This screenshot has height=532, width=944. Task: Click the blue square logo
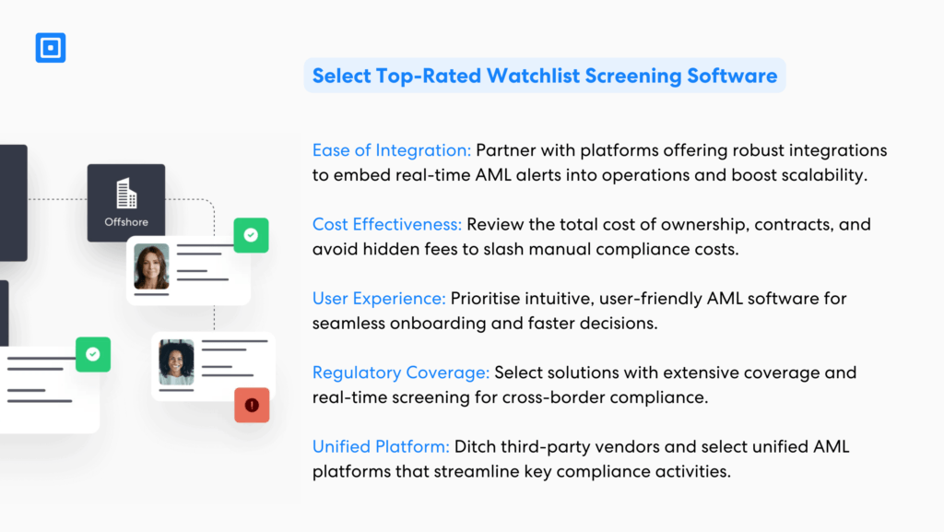click(x=51, y=48)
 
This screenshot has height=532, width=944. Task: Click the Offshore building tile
click(x=126, y=203)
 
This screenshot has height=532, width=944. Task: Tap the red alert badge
click(x=252, y=405)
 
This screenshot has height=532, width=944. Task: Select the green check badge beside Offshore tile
click(x=251, y=235)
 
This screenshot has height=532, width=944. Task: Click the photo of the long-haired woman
click(x=151, y=266)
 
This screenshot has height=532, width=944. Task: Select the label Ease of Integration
click(x=392, y=150)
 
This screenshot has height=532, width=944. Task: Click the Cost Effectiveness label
click(x=387, y=225)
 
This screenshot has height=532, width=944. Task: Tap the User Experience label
click(x=379, y=299)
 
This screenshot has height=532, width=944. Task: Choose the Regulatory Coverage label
click(x=401, y=373)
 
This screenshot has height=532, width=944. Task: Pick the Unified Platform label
click(x=381, y=447)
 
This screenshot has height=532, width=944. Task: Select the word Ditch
click(x=476, y=447)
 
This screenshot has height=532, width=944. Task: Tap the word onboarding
click(x=429, y=324)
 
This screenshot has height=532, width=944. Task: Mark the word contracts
click(x=758, y=225)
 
